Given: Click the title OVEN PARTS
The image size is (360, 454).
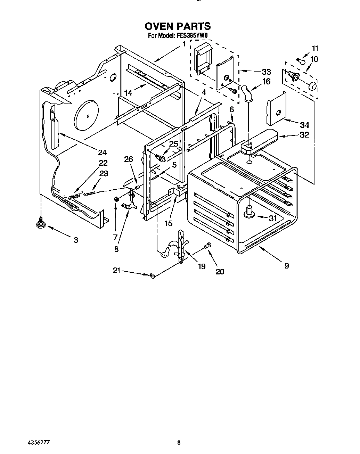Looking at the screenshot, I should pos(178,26).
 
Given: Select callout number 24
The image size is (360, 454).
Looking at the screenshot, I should pos(102,152).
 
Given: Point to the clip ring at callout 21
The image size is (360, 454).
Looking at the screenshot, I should pos(152,276).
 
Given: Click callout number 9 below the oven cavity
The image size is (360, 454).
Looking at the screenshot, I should pos(286,266).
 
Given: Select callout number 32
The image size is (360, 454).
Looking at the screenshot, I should pos(304,135).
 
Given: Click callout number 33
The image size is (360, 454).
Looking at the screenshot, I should pos(266,72).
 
